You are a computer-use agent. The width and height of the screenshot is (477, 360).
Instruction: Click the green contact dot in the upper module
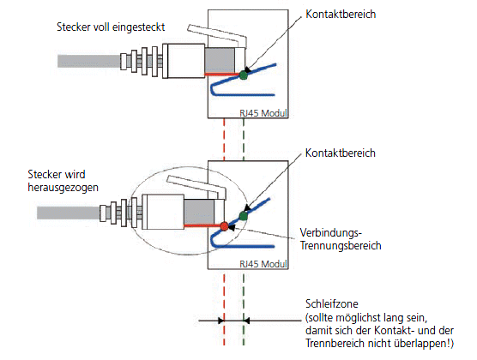tap(244, 75)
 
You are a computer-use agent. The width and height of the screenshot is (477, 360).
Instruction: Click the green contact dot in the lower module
tap(244, 216)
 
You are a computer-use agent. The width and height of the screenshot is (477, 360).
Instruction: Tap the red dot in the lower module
tap(224, 226)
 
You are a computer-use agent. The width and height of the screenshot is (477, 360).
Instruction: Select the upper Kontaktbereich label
tap(341, 15)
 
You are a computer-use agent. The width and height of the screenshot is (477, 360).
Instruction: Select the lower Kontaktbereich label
tap(341, 153)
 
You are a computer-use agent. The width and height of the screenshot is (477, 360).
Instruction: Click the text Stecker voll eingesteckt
tap(111, 27)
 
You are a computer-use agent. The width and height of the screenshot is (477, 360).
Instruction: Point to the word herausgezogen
tap(63, 188)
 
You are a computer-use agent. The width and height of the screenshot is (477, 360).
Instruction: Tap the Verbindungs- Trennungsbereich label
tap(341, 239)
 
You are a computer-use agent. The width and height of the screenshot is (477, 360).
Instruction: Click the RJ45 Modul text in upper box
tap(263, 113)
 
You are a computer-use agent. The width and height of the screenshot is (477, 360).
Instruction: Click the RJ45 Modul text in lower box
tap(263, 264)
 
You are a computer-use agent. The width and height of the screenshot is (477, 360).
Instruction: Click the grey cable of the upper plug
tap(89, 61)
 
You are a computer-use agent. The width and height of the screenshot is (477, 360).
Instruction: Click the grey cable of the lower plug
tap(69, 213)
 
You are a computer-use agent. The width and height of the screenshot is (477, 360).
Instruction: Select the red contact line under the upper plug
tap(222, 75)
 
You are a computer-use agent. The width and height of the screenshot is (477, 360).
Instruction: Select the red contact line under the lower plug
tap(202, 225)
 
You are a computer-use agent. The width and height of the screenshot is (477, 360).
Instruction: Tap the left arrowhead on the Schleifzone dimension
tap(220, 321)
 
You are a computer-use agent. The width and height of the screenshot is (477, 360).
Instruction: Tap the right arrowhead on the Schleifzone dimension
tap(247, 321)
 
